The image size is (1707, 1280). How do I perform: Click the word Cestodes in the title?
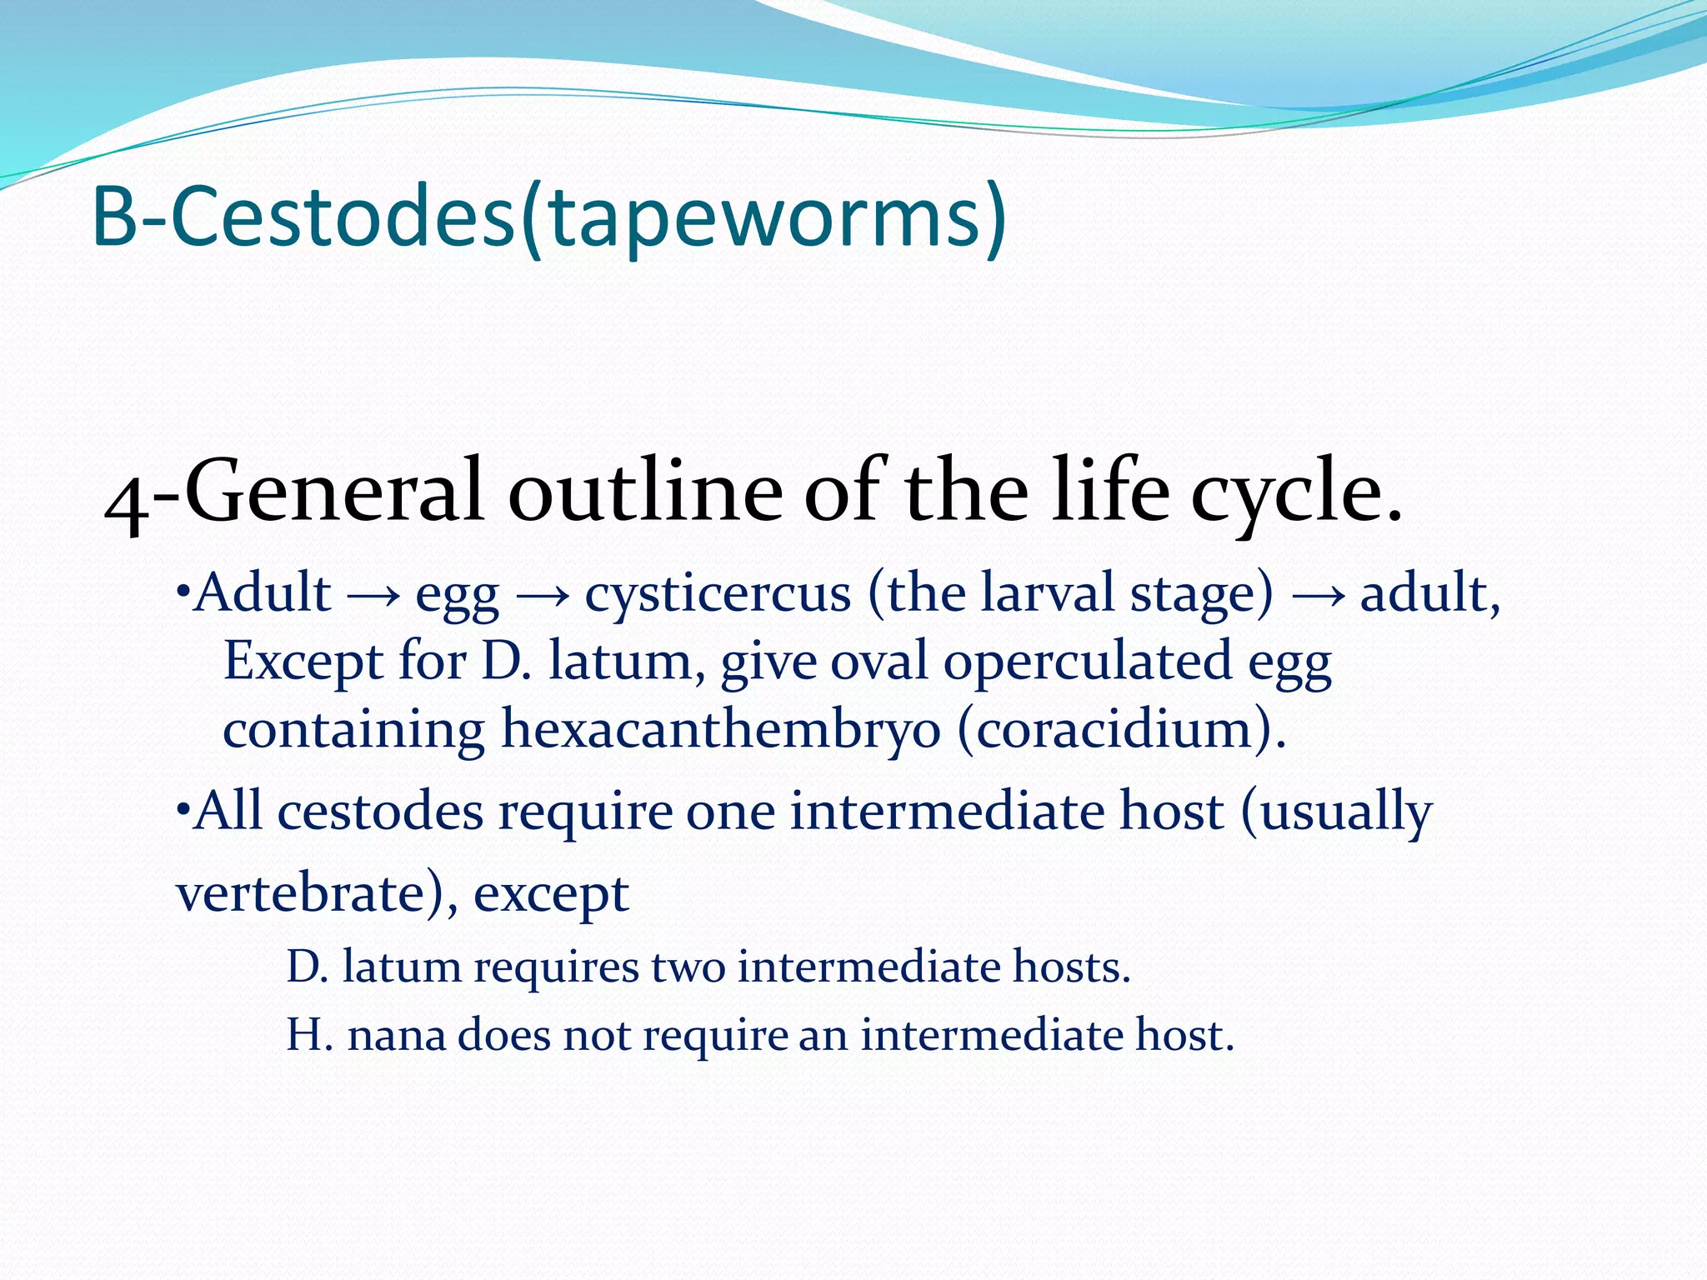pos(342,217)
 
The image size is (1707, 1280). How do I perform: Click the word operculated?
pos(1088,662)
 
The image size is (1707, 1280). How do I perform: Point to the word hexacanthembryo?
pos(721,730)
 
